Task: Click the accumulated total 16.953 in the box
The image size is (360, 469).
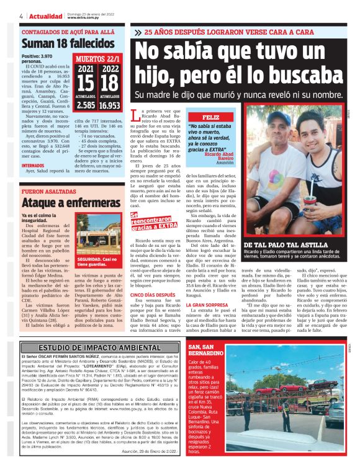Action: point(112,105)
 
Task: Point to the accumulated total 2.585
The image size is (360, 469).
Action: point(87,105)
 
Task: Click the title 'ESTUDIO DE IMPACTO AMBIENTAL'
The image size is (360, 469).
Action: point(100,347)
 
